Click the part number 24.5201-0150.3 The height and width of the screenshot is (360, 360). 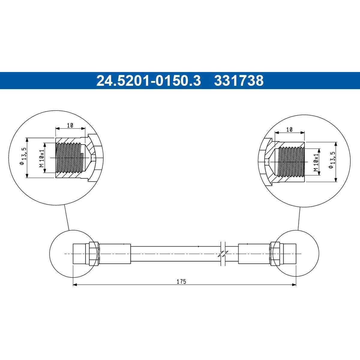pos(148,80)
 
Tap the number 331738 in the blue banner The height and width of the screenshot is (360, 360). pos(239,80)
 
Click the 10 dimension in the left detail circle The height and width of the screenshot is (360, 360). pos(70,125)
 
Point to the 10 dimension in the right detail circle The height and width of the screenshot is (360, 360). pos(289,130)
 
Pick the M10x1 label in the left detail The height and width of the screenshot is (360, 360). pos(41,158)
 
